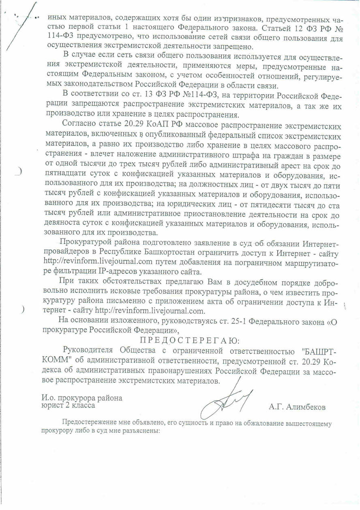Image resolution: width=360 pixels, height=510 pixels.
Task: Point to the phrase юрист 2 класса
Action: pos(69,405)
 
